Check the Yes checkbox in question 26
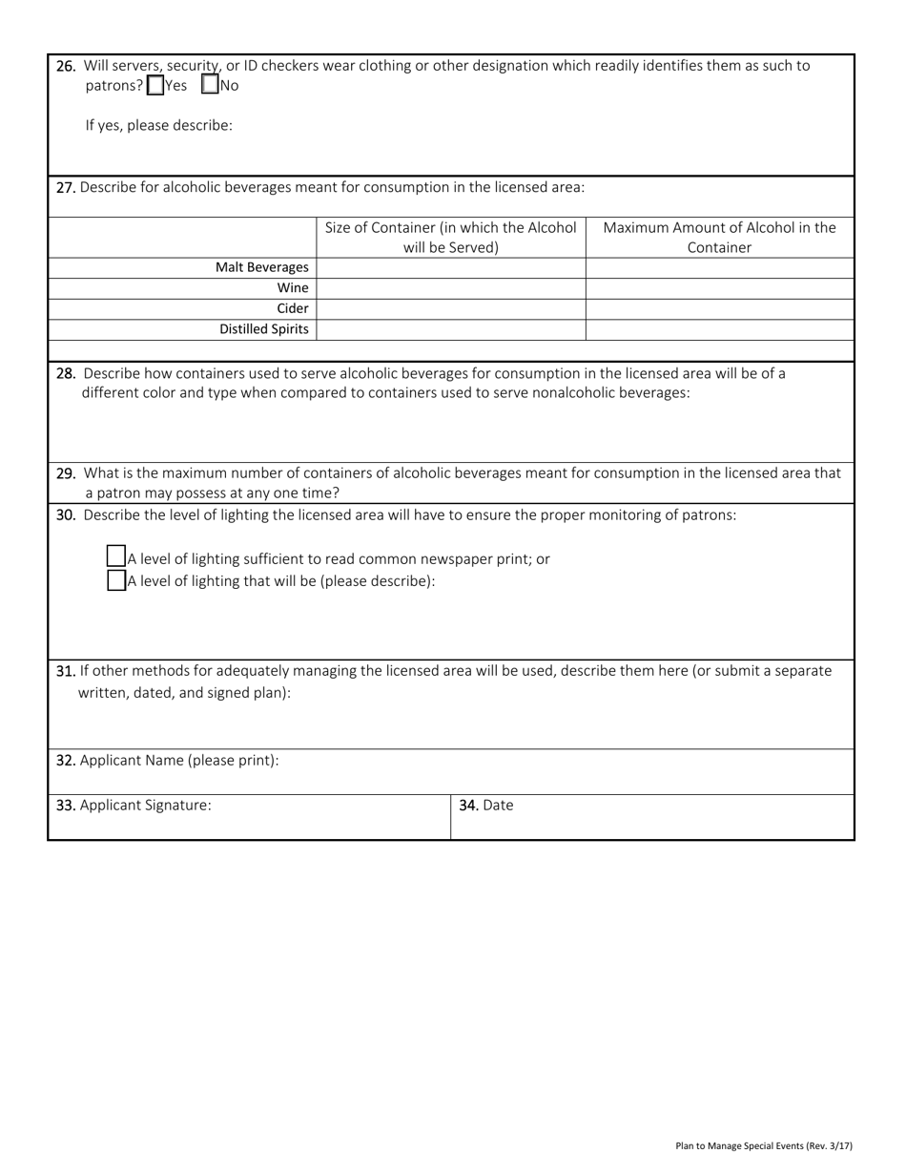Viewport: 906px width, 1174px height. (155, 85)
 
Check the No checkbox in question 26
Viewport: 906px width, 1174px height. (211, 85)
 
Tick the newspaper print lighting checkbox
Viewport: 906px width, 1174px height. (116, 556)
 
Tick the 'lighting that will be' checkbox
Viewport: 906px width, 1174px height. (116, 580)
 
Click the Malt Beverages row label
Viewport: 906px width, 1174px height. (261, 267)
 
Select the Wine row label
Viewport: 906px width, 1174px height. (293, 287)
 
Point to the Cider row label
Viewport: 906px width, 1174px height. (292, 308)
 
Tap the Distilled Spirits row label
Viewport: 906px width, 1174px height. (263, 329)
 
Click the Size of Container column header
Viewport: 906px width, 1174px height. (450, 237)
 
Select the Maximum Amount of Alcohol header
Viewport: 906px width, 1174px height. (719, 237)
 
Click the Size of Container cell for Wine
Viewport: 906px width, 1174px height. (450, 287)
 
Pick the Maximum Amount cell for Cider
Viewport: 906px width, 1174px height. (719, 308)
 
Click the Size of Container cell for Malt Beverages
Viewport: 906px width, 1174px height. (450, 267)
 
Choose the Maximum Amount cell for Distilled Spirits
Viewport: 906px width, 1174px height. (719, 329)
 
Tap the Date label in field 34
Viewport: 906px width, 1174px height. (497, 805)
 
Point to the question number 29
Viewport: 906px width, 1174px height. (66, 472)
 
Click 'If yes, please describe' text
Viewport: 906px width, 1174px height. (158, 125)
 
